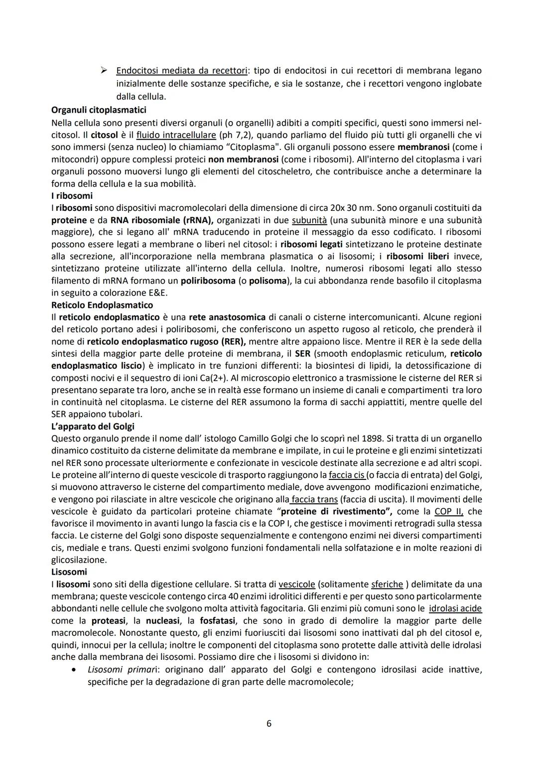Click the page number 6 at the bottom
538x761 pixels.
(x=269, y=723)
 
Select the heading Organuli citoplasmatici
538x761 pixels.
(x=99, y=109)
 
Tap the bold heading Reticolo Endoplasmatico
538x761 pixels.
(x=102, y=304)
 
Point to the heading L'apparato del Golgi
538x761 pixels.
(x=93, y=426)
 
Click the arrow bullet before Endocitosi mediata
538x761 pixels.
(x=105, y=71)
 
